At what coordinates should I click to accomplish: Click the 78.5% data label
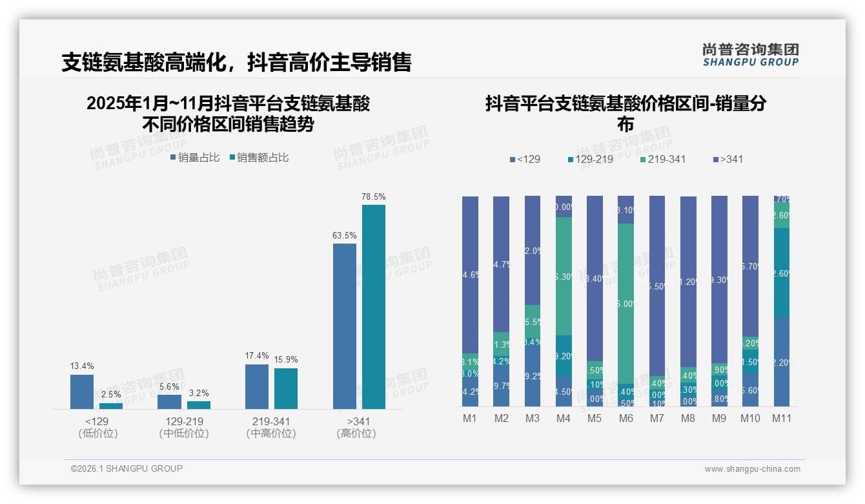click(373, 196)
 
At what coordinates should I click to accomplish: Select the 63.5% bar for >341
click(344, 326)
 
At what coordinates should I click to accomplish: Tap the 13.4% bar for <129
click(82, 392)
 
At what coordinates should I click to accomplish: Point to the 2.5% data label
click(110, 395)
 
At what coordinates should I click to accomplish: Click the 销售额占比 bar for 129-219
click(199, 405)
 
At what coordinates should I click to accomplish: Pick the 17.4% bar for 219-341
click(257, 386)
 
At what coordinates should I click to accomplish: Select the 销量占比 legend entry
click(195, 158)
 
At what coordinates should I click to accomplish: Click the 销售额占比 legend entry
click(259, 158)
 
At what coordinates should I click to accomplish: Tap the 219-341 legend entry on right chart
click(662, 160)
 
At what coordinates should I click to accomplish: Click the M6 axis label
click(626, 419)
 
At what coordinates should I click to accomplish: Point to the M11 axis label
click(782, 419)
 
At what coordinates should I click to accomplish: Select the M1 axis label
click(470, 419)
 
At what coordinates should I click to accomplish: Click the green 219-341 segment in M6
click(626, 304)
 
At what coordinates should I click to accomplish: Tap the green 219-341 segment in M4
click(564, 276)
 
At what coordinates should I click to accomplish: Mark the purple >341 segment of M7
click(656, 286)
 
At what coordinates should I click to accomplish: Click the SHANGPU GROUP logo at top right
click(750, 55)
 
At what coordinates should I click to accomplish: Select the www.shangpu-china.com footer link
click(752, 469)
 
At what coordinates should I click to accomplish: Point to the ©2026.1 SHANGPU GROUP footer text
click(127, 468)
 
